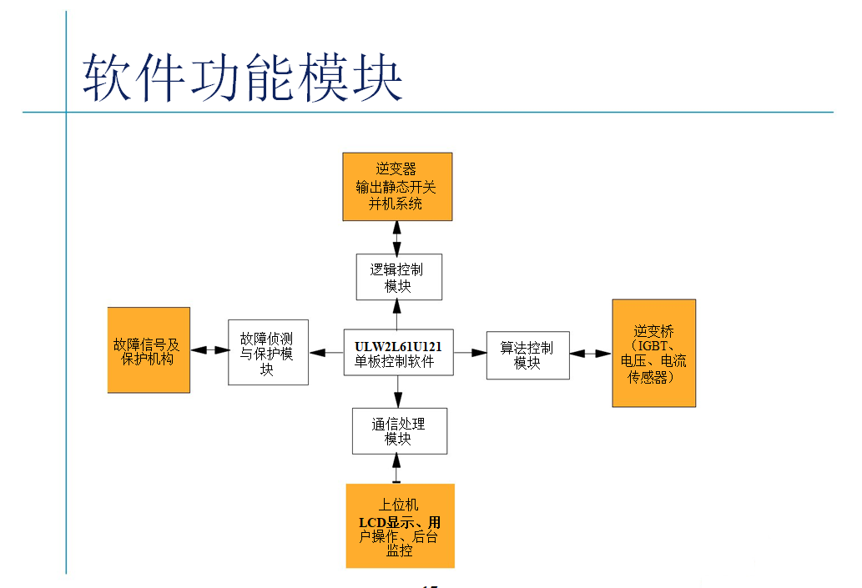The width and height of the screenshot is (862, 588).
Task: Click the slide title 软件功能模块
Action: click(x=242, y=78)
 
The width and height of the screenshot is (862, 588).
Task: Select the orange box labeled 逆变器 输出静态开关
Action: click(x=397, y=186)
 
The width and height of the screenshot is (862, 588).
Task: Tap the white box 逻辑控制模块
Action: click(x=398, y=277)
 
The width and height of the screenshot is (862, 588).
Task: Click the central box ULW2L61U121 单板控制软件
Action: click(x=398, y=353)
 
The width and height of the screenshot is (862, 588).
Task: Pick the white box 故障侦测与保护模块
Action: click(x=268, y=352)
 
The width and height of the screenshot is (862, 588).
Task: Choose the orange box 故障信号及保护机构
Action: click(x=149, y=349)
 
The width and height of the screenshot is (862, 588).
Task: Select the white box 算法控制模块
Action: click(x=527, y=354)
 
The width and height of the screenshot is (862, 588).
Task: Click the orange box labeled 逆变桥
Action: click(x=653, y=353)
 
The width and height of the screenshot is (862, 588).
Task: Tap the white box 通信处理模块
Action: click(x=399, y=430)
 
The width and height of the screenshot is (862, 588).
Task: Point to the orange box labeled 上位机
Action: click(x=400, y=525)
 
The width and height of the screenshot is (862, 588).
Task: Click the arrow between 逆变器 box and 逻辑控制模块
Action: click(x=397, y=238)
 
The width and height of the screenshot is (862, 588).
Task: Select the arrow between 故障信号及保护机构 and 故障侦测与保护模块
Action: click(x=209, y=350)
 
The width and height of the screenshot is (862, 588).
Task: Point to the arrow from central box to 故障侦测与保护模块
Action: click(x=326, y=353)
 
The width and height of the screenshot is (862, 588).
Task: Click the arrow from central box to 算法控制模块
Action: click(x=470, y=353)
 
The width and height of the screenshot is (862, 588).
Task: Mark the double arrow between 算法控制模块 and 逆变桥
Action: click(x=591, y=354)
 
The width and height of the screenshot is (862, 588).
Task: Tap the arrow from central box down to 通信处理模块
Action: click(x=398, y=391)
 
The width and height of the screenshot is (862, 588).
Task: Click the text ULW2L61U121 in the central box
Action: click(x=398, y=345)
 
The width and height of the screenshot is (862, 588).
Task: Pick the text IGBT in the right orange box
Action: click(x=653, y=345)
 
